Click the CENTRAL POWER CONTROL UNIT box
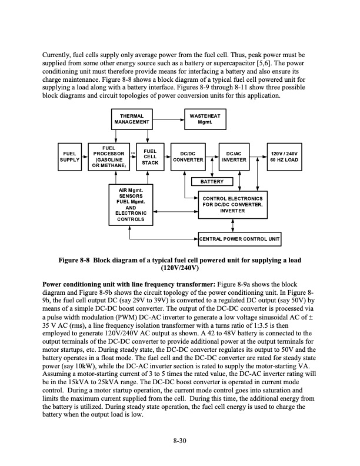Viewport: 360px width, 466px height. point(238,238)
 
